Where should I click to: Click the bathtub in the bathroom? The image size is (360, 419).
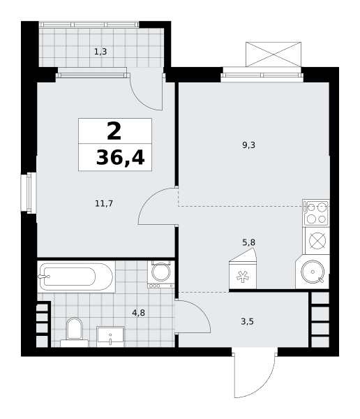click(x=76, y=277)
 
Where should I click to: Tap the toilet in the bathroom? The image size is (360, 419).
click(x=74, y=332)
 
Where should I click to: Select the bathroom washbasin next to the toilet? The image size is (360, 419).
click(x=110, y=337)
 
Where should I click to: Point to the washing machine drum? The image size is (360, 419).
click(x=160, y=272)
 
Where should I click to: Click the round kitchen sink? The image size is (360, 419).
click(x=313, y=272)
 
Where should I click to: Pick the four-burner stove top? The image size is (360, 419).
click(x=316, y=213)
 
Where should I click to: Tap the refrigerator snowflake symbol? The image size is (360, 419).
click(x=243, y=277)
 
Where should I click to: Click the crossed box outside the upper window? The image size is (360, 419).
click(x=273, y=54)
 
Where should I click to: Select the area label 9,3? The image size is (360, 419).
click(x=248, y=145)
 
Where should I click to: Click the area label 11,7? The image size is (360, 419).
click(x=104, y=204)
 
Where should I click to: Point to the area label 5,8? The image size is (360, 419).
click(x=248, y=242)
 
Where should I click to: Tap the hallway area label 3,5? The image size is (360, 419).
click(x=247, y=321)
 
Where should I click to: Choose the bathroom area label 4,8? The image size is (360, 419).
click(x=138, y=312)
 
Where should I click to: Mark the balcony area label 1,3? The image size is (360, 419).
click(x=100, y=52)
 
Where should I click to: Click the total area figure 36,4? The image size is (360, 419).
click(x=120, y=158)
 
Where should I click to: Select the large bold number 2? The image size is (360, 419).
click(x=114, y=131)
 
